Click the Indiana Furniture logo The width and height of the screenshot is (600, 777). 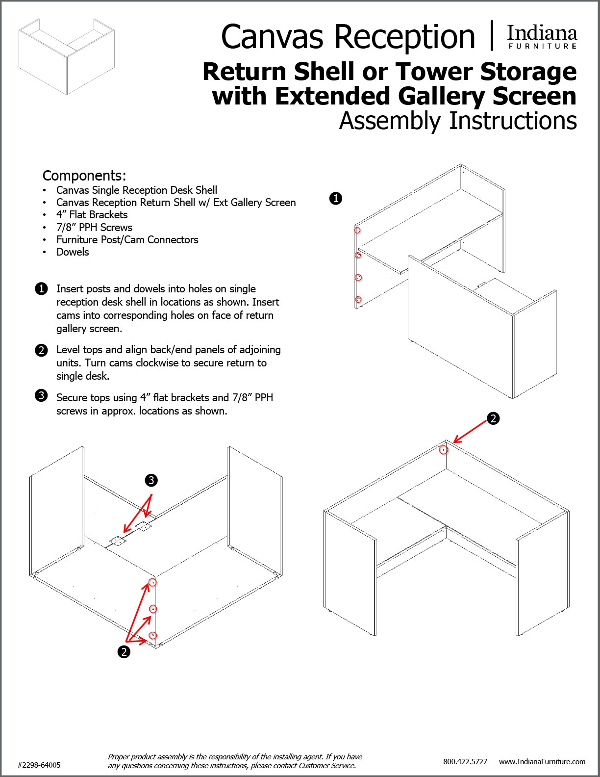tap(542, 37)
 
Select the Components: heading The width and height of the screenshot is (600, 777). tap(84, 176)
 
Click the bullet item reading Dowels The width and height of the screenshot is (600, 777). tap(73, 252)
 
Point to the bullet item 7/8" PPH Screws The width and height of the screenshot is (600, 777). tap(94, 228)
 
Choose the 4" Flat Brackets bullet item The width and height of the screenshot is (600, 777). tap(92, 215)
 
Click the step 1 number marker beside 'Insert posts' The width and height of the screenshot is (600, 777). tap(42, 289)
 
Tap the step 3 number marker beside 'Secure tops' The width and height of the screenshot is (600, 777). tap(42, 395)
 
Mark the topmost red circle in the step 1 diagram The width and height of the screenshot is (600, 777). tap(358, 230)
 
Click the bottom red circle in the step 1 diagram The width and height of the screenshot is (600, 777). tap(358, 299)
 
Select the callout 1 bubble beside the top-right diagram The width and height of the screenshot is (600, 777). tap(336, 199)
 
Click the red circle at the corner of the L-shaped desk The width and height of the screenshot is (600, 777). tap(444, 449)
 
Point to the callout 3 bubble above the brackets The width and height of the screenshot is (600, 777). tap(151, 480)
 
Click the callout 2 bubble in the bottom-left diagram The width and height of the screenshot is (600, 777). tap(124, 652)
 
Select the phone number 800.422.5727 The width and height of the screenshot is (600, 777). tap(465, 761)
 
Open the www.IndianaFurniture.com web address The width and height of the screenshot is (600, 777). tap(542, 761)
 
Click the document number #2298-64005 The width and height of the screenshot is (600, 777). tap(39, 765)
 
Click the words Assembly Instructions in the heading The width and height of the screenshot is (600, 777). tap(458, 121)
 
